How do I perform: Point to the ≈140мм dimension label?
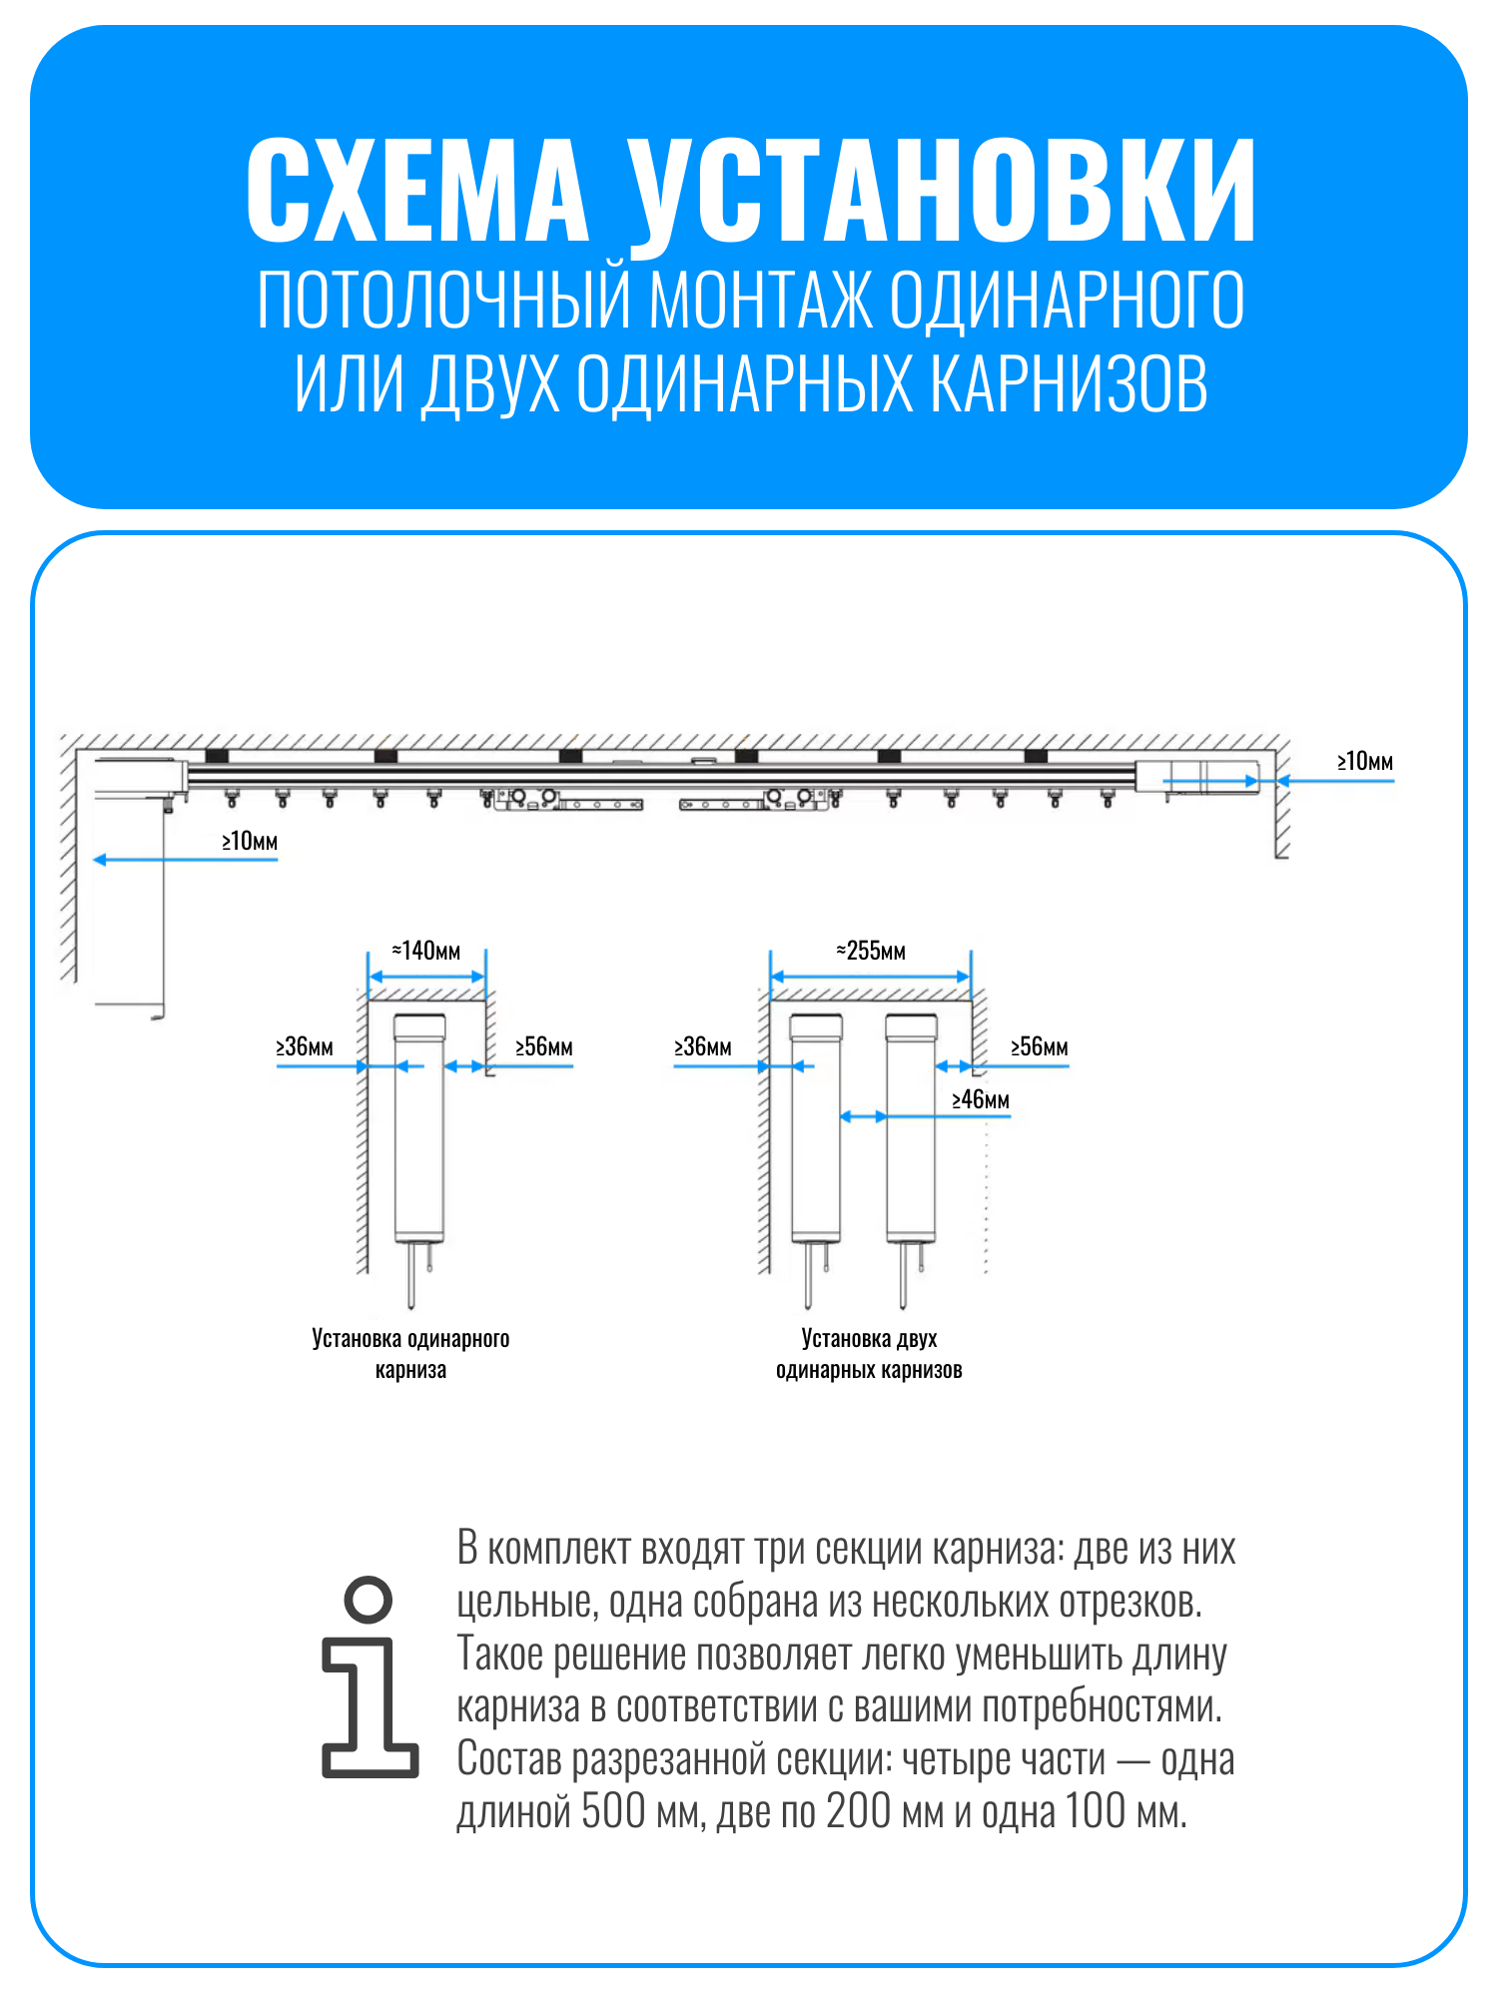click(426, 951)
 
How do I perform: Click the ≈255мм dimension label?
click(871, 951)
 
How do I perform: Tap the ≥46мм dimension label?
click(981, 1099)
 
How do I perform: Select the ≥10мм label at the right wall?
click(1365, 762)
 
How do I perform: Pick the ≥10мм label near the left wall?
click(250, 842)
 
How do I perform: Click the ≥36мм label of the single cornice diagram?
click(305, 1047)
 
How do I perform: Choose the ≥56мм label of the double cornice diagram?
click(1040, 1047)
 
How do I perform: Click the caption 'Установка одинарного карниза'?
click(410, 1354)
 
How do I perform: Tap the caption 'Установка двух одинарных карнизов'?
click(869, 1354)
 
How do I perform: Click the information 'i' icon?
click(369, 1677)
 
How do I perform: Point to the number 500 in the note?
click(613, 1811)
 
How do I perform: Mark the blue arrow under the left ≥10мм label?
click(185, 859)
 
